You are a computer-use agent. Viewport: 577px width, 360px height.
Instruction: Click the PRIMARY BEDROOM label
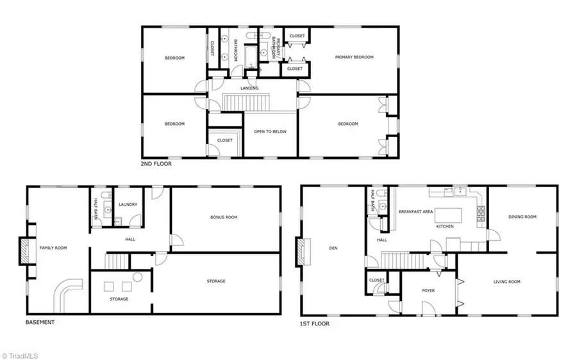(354, 57)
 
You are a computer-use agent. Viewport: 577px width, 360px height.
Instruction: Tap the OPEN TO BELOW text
(270, 131)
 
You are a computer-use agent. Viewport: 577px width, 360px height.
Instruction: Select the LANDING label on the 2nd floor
(249, 88)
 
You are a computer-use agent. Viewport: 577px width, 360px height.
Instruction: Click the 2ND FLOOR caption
(156, 163)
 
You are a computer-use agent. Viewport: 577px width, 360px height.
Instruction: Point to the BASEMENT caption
(40, 322)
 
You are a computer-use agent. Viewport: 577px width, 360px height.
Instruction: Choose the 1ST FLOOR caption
(315, 323)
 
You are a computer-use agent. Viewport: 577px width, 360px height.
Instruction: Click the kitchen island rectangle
(448, 215)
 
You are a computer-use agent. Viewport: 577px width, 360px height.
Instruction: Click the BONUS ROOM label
(224, 217)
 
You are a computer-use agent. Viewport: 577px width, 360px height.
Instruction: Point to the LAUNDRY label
(128, 204)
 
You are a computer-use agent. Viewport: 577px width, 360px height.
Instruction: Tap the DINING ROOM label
(522, 217)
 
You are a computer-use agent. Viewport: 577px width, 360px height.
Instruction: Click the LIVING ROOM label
(506, 282)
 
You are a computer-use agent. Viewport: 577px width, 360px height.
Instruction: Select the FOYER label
(428, 291)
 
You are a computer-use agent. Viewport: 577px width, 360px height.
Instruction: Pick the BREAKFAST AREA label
(416, 212)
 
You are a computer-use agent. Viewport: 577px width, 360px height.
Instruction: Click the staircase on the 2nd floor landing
(246, 102)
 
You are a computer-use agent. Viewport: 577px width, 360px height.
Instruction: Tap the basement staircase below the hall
(117, 261)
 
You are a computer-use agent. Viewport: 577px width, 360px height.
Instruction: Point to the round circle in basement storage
(138, 277)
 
